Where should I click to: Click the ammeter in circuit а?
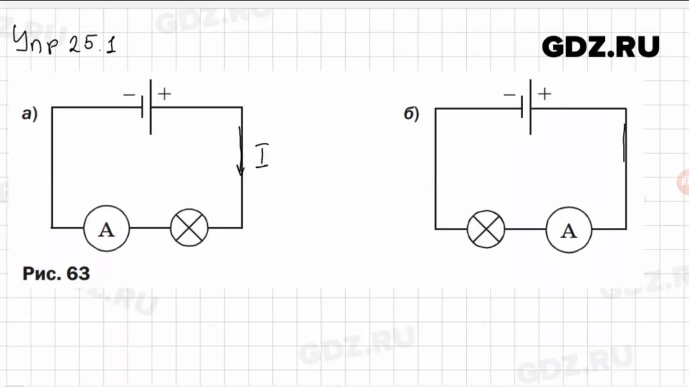(107, 228)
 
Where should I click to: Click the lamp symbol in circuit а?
(189, 228)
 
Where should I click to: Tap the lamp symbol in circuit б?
(486, 230)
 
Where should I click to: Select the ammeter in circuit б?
(568, 230)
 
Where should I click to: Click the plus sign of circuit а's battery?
(165, 94)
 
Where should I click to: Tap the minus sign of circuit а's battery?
(129, 95)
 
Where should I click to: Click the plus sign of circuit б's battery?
(545, 95)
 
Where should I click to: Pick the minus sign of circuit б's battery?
(509, 96)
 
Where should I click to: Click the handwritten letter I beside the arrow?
(262, 156)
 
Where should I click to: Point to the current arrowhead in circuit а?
(241, 170)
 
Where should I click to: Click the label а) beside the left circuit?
(30, 114)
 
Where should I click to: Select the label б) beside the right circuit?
(411, 114)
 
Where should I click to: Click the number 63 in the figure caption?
(78, 274)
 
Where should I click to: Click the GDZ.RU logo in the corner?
(600, 47)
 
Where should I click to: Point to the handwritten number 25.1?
(92, 45)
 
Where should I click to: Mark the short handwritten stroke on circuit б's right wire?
(624, 142)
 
